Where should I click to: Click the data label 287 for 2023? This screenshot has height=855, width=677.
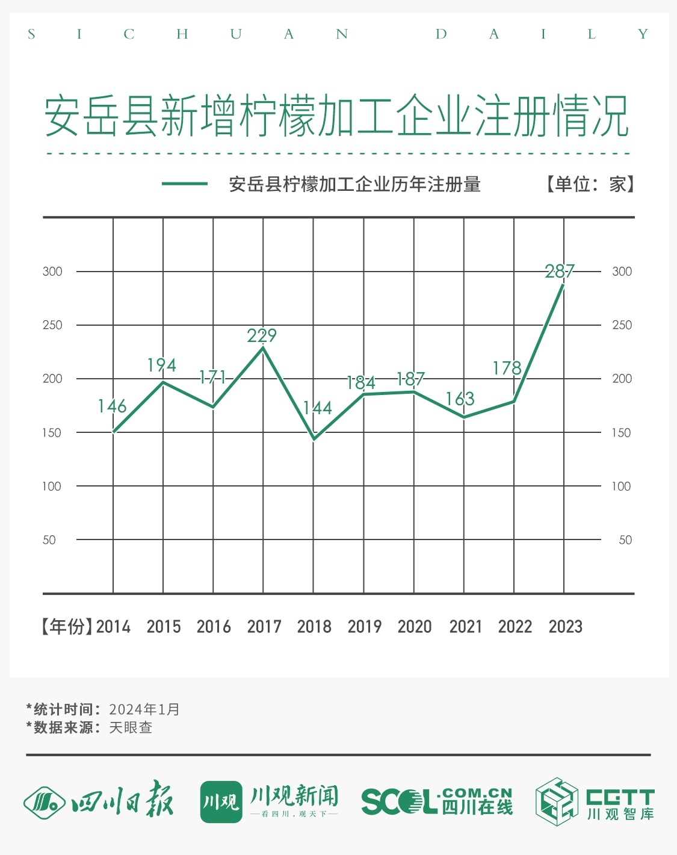click(560, 272)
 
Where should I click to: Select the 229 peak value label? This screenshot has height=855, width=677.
click(262, 335)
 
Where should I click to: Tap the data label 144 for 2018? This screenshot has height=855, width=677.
click(317, 408)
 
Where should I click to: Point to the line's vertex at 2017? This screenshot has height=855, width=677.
click(263, 347)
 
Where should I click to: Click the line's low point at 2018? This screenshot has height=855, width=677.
click(314, 438)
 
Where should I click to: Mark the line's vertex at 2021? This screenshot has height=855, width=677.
click(464, 417)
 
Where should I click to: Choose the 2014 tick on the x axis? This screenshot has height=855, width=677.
click(113, 627)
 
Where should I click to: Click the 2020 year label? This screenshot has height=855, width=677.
click(415, 627)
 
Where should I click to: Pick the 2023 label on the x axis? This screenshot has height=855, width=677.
click(565, 627)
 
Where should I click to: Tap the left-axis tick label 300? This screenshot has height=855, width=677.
click(52, 272)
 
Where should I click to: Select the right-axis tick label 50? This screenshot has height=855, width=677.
click(625, 540)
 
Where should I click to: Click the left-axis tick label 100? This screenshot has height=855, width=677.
click(51, 487)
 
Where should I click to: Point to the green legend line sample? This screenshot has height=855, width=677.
click(185, 184)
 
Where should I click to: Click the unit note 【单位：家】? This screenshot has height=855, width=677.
click(590, 184)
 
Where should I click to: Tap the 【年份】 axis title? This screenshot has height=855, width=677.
click(67, 627)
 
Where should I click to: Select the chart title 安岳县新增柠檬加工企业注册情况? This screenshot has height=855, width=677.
click(337, 116)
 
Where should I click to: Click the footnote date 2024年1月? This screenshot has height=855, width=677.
click(144, 709)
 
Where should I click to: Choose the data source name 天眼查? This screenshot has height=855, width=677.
click(131, 727)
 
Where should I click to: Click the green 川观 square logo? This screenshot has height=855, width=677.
click(221, 801)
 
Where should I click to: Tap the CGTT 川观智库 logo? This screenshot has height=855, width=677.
click(595, 802)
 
